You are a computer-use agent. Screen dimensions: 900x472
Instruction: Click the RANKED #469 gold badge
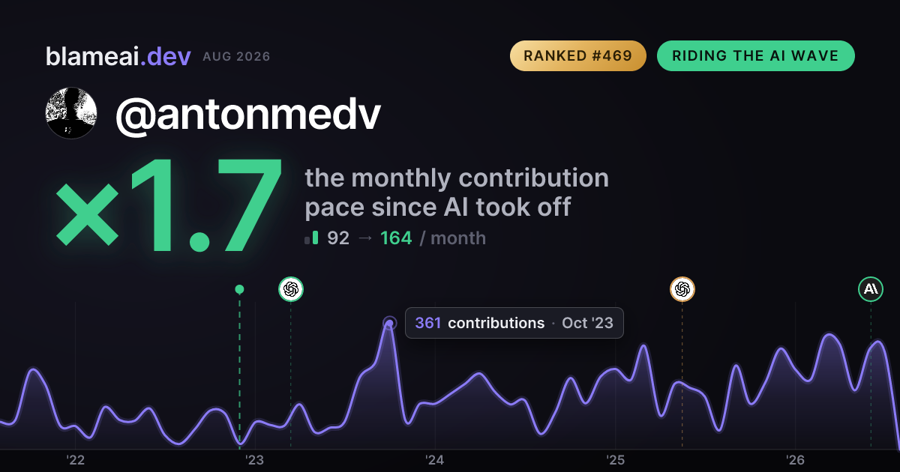(577, 55)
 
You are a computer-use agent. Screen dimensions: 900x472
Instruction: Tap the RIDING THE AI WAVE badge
(756, 55)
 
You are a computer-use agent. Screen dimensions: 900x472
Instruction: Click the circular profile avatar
(71, 113)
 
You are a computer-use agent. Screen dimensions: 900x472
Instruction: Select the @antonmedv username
(248, 115)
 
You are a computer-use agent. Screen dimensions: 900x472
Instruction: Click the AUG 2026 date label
(236, 57)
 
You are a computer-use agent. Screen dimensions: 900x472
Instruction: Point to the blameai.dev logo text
(118, 56)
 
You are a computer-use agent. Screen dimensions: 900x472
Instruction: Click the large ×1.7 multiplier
(169, 205)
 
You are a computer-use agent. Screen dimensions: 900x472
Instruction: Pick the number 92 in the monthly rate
(338, 238)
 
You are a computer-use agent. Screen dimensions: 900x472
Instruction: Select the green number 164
(396, 238)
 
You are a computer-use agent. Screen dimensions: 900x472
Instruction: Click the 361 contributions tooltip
(514, 323)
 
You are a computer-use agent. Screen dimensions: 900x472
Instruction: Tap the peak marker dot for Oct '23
(389, 323)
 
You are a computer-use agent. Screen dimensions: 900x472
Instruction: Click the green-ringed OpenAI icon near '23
(291, 289)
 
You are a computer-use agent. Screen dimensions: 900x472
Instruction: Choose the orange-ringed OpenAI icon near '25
(682, 289)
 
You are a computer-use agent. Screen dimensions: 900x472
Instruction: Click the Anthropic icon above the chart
(871, 289)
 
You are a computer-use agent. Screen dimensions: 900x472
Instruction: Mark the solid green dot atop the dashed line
(239, 289)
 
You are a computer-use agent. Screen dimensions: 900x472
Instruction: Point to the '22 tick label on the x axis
(75, 460)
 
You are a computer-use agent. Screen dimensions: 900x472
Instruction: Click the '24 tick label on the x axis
(435, 460)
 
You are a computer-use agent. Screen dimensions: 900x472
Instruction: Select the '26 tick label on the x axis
(795, 460)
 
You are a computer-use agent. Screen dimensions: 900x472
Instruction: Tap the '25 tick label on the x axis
(615, 460)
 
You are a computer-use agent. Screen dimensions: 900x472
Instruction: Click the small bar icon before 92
(311, 237)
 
